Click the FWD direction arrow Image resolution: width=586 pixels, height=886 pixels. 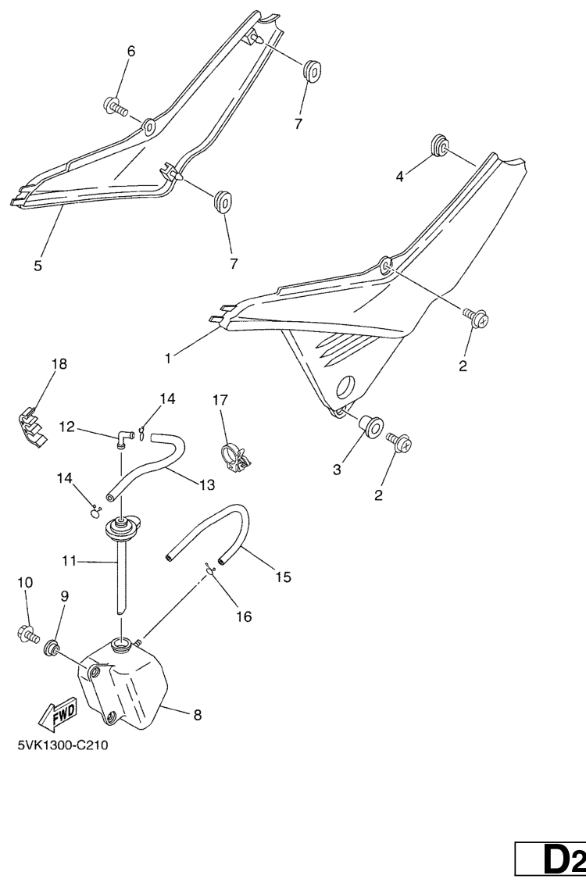tap(57, 716)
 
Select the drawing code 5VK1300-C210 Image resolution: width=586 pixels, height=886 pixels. tap(63, 745)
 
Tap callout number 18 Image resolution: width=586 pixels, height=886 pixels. tap(59, 364)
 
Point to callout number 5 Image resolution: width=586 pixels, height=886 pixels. tap(38, 266)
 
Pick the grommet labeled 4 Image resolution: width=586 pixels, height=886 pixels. tap(441, 145)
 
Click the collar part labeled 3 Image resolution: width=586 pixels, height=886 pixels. tap(370, 425)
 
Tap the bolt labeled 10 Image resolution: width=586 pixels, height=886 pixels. tap(27, 634)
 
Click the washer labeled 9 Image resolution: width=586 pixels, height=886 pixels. tap(53, 646)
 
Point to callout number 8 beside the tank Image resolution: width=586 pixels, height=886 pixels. tap(197, 715)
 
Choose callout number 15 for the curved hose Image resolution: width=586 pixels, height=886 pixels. tap(283, 577)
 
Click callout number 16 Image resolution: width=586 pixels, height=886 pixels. tap(244, 616)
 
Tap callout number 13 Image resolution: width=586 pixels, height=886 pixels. tap(207, 484)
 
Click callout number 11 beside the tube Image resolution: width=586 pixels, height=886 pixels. tap(69, 561)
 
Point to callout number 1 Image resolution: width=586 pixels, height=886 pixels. tap(168, 359)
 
